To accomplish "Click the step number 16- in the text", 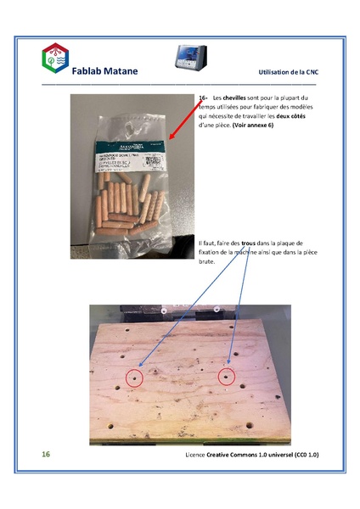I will [x=202, y=98].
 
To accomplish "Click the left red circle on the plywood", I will [x=132, y=378].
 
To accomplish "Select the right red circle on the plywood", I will [x=226, y=377].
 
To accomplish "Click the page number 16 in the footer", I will [x=47, y=455].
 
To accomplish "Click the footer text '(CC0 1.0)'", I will [x=303, y=456].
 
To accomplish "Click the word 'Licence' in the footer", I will [x=197, y=456].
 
